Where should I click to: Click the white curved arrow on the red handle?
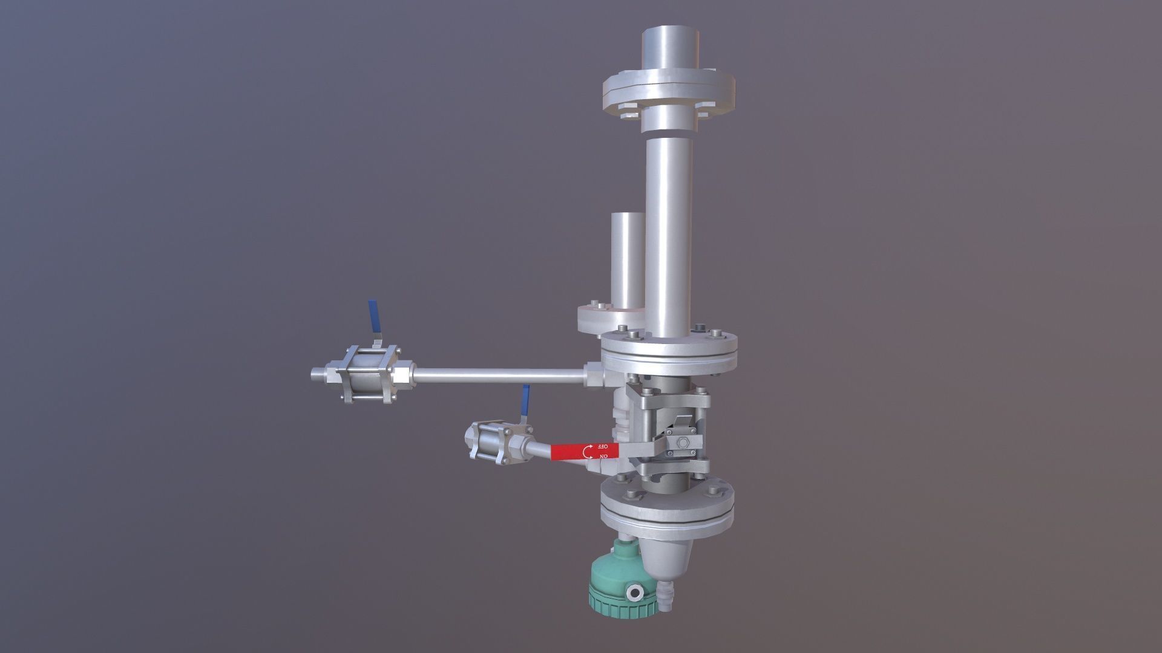[x=588, y=452]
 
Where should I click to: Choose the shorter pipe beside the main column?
[x=628, y=260]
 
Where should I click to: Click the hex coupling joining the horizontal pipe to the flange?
[x=594, y=375]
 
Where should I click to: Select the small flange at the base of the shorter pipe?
[x=608, y=317]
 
